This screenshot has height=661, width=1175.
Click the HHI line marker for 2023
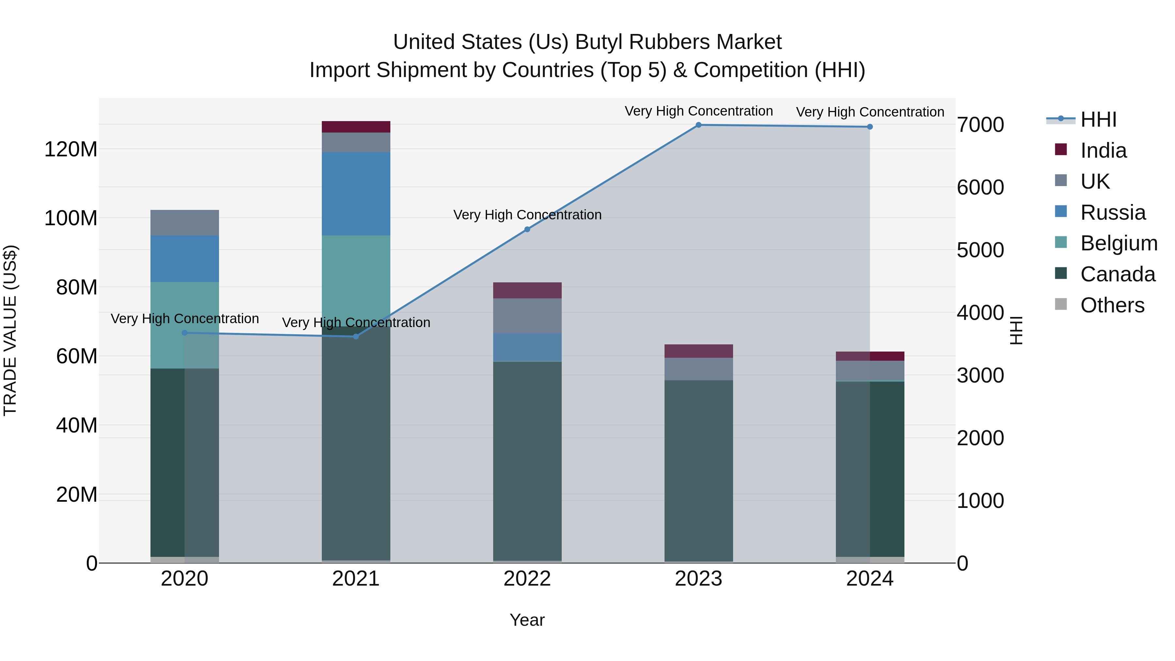[698, 125]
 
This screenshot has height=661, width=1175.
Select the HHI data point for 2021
[356, 337]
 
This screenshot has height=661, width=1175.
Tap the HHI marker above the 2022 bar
[527, 229]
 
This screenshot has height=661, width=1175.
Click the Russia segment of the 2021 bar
[356, 194]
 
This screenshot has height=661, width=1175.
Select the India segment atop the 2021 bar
[356, 127]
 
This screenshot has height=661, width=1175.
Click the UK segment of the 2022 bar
[527, 316]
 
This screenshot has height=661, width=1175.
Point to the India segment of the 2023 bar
[698, 351]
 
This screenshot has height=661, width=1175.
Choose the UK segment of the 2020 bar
[184, 223]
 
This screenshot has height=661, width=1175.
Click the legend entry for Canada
[1117, 274]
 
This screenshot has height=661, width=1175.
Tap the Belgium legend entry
[1119, 243]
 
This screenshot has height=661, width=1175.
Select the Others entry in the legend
[1112, 305]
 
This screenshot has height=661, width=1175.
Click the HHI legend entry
[1098, 119]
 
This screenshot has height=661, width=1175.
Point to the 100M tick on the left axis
[71, 218]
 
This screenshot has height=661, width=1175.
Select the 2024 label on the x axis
[869, 579]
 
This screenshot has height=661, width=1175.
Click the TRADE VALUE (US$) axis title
[10, 330]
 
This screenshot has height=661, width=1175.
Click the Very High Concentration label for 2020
[184, 318]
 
